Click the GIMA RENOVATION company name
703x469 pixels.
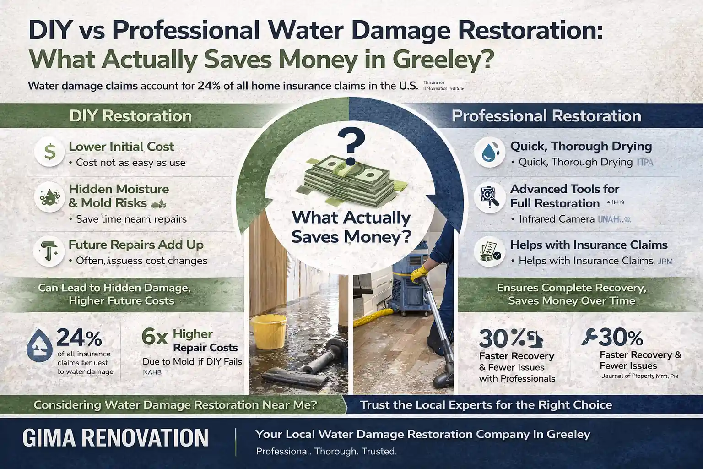click(115, 438)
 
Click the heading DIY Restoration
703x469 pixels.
click(130, 116)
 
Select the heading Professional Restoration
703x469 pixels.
click(546, 116)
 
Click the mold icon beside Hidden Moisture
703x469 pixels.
click(49, 197)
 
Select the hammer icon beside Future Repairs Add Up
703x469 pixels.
click(49, 252)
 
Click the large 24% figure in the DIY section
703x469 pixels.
click(79, 338)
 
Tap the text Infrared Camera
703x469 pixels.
click(557, 219)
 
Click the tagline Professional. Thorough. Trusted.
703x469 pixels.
click(326, 452)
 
